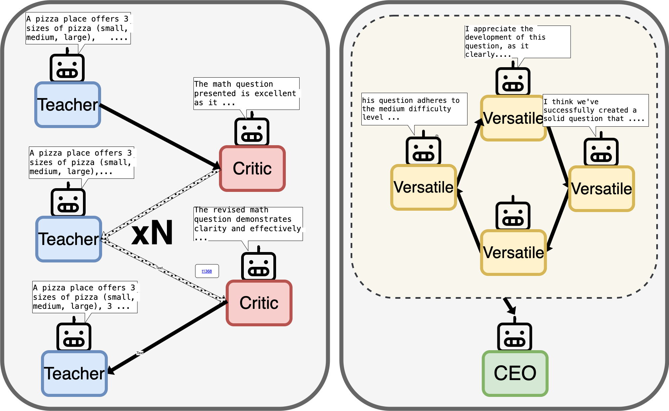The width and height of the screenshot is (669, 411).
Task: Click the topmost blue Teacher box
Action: [68, 105]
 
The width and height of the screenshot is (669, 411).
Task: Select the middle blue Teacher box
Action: [69, 239]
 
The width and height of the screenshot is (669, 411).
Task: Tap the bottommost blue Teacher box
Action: [74, 373]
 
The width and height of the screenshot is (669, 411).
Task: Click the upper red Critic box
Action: [252, 168]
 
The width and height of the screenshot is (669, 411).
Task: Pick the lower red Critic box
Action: [259, 303]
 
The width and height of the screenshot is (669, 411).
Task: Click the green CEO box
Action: [515, 373]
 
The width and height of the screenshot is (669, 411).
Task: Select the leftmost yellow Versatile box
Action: [423, 187]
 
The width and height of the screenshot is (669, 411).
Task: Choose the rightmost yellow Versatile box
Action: [601, 189]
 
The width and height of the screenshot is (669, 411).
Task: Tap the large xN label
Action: [152, 233]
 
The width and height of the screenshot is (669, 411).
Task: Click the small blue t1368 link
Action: [207, 271]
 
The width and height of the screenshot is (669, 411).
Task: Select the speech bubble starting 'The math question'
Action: [246, 93]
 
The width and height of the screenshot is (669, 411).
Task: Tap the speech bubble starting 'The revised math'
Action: [248, 223]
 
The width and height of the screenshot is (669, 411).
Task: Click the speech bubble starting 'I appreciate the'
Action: [517, 42]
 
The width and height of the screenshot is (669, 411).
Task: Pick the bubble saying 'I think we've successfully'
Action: [595, 110]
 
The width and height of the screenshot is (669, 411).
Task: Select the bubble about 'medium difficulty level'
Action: [414, 109]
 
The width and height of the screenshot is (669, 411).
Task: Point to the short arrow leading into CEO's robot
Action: [509, 305]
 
